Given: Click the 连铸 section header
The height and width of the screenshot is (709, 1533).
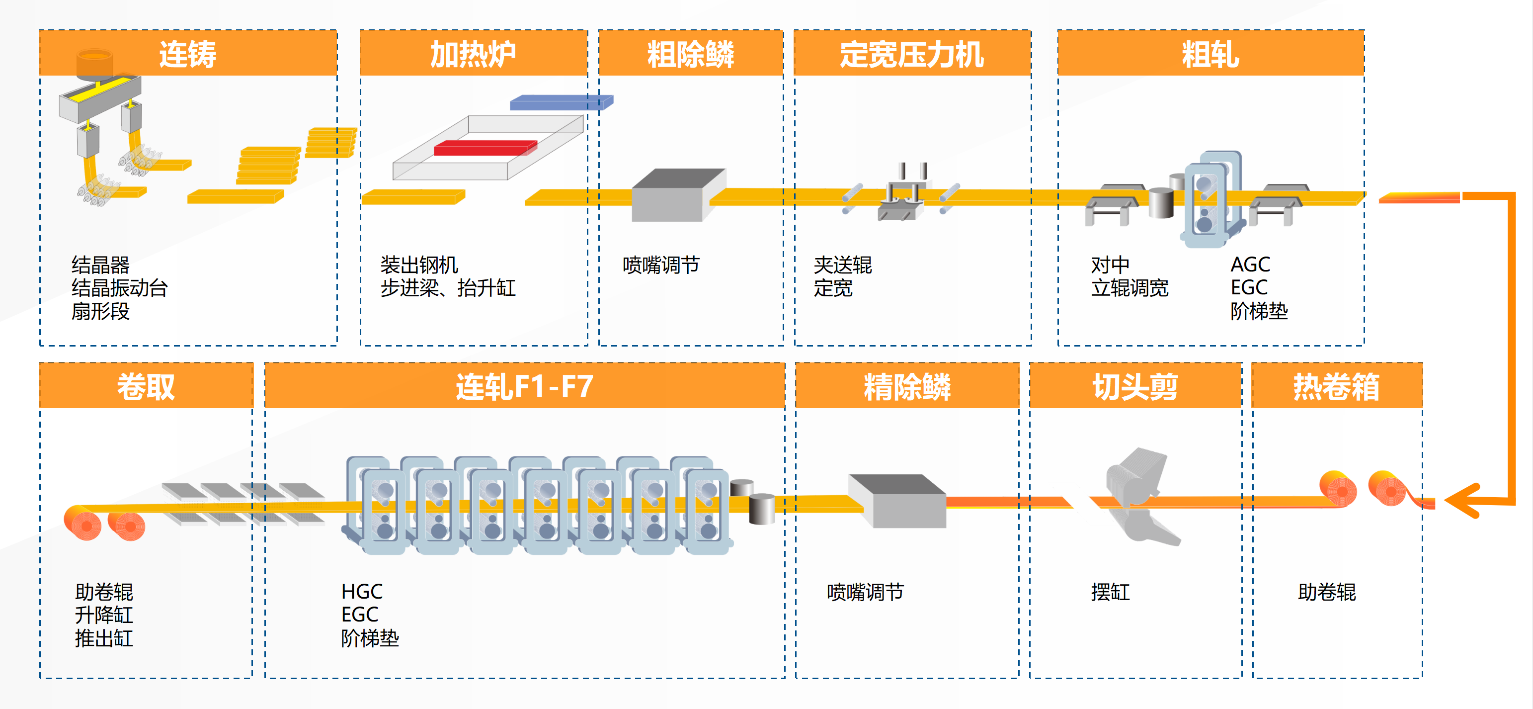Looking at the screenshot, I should (188, 54).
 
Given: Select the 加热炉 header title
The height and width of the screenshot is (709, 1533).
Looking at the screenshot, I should (473, 54).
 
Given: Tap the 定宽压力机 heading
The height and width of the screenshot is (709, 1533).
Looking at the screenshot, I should (911, 54).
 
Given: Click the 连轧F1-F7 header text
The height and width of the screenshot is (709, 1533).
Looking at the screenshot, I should (524, 386).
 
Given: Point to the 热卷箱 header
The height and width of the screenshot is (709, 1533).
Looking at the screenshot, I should (1336, 386).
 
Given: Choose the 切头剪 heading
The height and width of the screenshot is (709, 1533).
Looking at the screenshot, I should (1135, 386).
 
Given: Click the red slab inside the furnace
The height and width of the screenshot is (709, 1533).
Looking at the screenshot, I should (485, 147).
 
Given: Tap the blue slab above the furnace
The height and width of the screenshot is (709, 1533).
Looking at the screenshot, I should (560, 102).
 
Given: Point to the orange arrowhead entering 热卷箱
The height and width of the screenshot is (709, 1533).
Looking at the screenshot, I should (1464, 500).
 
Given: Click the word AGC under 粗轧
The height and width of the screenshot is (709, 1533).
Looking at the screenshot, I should (1250, 265).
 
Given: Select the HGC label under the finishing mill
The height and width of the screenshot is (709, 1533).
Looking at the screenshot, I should (362, 591).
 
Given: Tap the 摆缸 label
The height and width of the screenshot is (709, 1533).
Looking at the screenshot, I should (1110, 592).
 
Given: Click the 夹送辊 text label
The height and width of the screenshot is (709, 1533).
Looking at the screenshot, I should (842, 265).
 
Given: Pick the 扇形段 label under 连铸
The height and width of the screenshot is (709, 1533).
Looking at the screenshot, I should (100, 311).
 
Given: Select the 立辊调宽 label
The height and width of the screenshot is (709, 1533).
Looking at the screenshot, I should (1130, 288).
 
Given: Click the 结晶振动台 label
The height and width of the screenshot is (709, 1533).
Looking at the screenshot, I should (119, 288).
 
